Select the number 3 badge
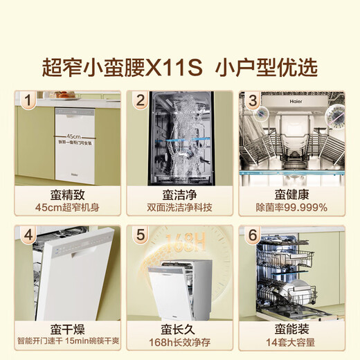(253, 100)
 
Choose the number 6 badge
(253, 235)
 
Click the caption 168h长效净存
(180, 341)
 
